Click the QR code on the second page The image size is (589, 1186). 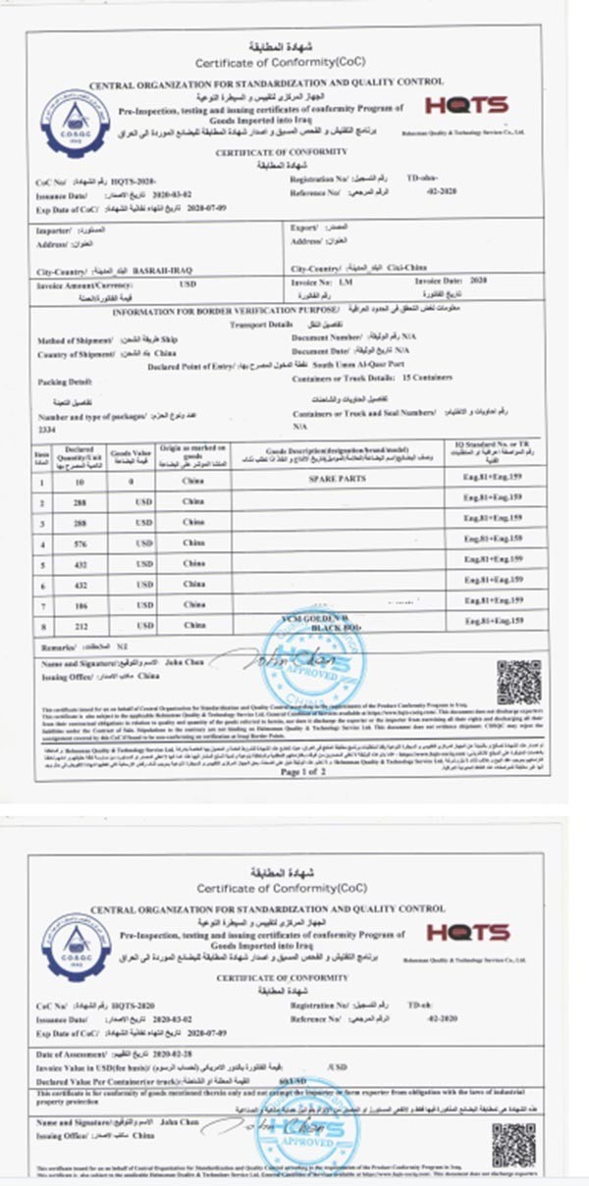click(x=513, y=1145)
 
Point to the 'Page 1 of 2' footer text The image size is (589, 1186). click(x=307, y=772)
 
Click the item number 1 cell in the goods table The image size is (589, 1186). click(x=42, y=480)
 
